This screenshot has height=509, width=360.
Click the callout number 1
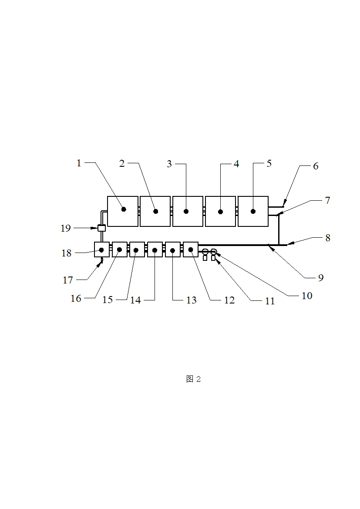79,163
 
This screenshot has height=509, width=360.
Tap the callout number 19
66,228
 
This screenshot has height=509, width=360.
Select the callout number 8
327,238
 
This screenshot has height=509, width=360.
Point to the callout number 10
307,296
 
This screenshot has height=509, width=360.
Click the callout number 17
67,280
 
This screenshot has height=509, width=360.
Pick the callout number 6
316,166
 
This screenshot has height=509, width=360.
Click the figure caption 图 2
193,379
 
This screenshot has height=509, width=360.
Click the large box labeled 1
123,211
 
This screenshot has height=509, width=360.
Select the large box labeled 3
188,211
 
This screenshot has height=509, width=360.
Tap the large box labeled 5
253,211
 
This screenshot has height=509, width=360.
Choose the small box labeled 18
102,249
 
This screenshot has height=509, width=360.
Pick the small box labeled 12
191,249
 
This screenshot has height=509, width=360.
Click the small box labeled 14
155,249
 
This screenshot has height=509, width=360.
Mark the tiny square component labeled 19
102,228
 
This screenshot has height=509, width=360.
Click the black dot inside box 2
155,211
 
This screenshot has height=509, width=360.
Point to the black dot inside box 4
220,212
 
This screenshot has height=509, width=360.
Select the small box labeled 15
137,249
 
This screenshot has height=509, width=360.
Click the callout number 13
192,300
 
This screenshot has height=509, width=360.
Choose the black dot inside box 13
172,250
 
